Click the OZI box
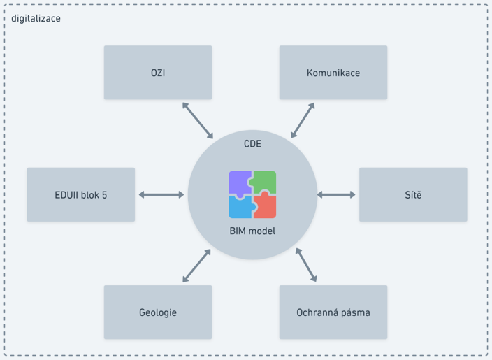point(158,73)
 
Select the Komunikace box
point(333,73)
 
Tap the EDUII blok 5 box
point(81,194)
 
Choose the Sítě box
point(413,194)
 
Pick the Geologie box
point(158,312)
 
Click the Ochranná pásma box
point(333,312)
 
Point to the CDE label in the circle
point(252,145)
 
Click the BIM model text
point(252,231)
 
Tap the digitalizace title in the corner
point(36,18)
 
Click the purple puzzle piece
point(240,182)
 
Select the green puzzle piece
point(265,182)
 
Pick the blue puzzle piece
point(240,207)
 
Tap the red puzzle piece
point(265,207)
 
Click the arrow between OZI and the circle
point(198,120)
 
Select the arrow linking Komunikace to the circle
point(302,120)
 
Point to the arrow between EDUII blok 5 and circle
point(161,194)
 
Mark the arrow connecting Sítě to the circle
point(336,194)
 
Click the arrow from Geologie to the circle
point(196,266)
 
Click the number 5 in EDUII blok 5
point(104,195)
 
